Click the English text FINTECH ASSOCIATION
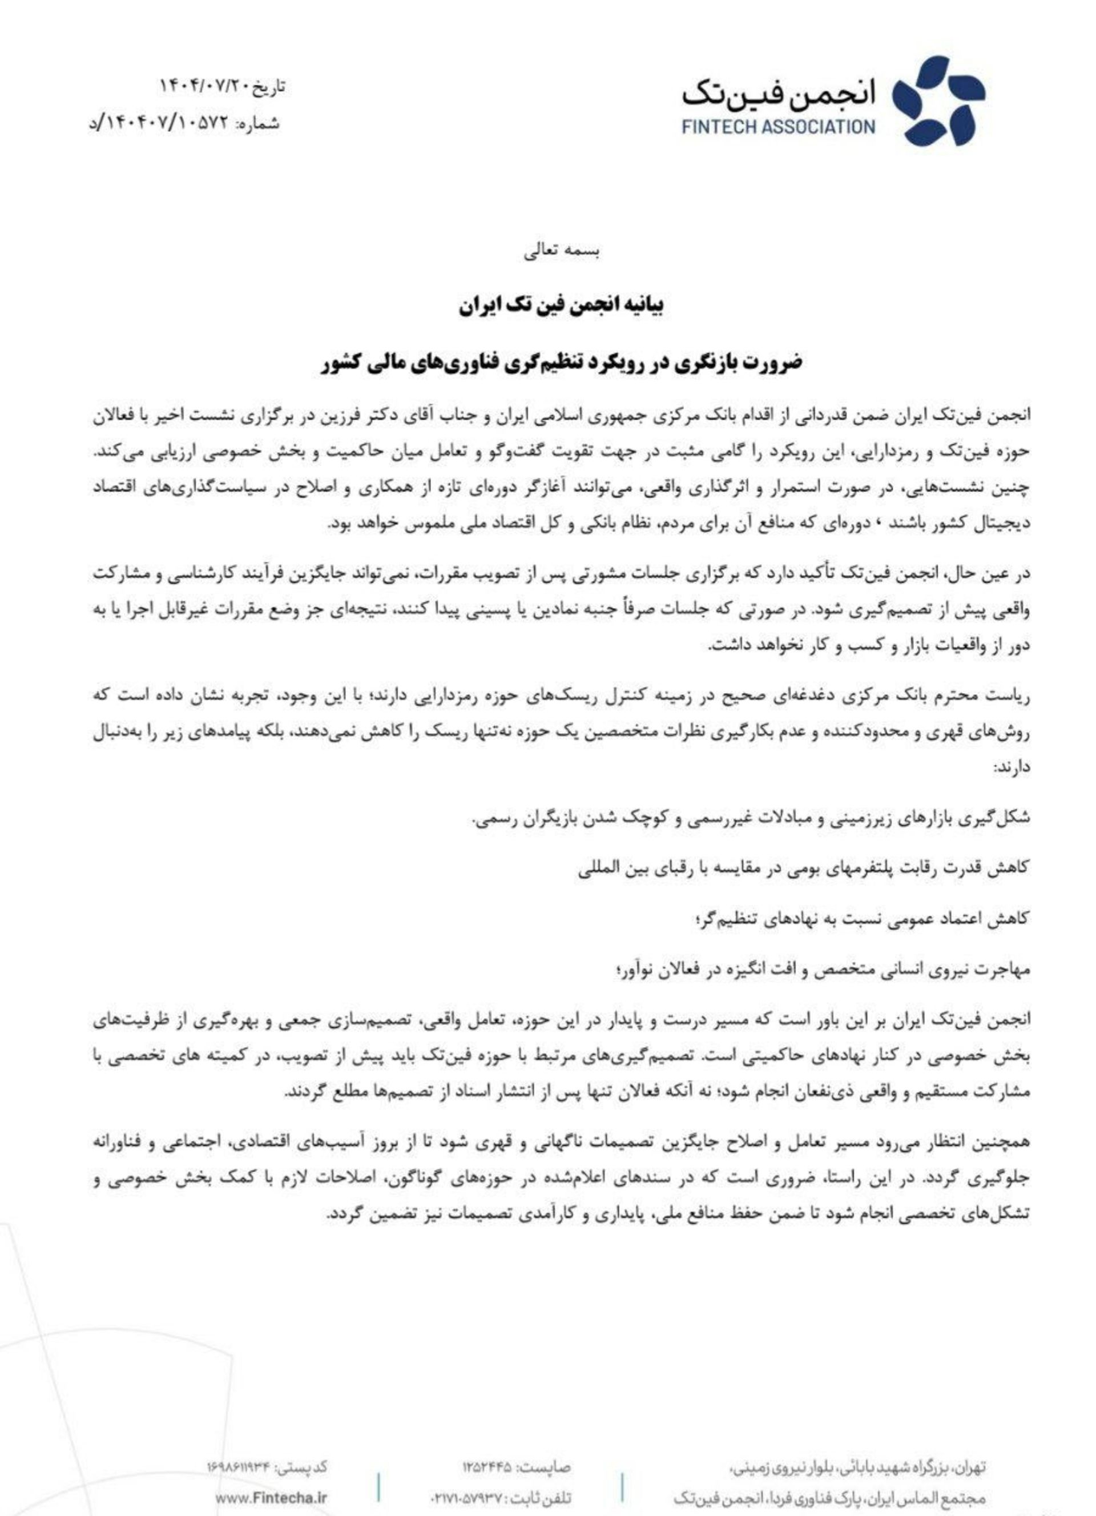click(779, 126)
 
